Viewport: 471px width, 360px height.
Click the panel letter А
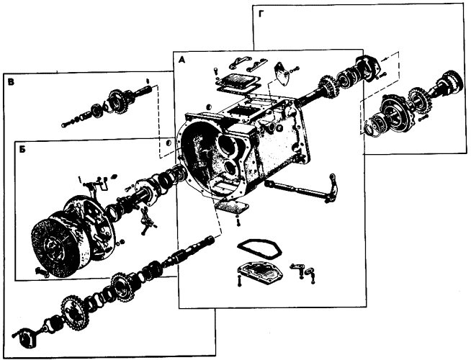click(x=181, y=60)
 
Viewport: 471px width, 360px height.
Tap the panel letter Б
click(x=22, y=150)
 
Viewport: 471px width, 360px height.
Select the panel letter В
click(x=11, y=82)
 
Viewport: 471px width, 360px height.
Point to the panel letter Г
click(x=261, y=15)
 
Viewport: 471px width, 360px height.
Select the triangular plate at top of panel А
click(x=281, y=73)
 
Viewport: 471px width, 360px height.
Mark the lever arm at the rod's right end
click(x=331, y=188)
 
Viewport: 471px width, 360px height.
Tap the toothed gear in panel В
click(x=117, y=102)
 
